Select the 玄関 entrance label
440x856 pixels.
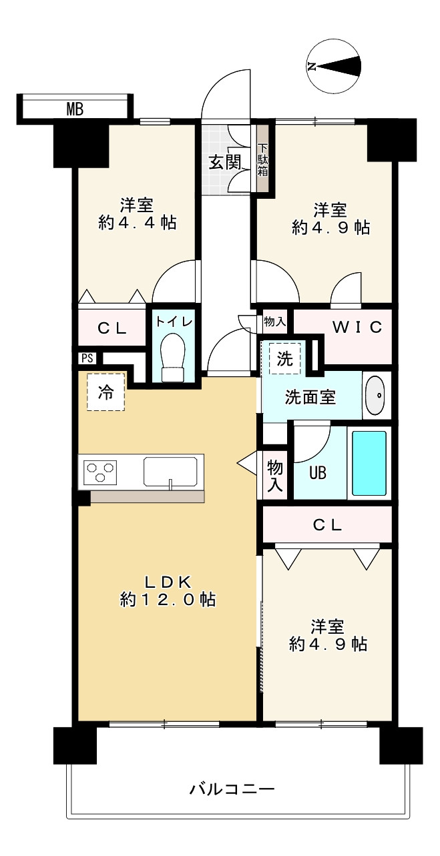tap(224, 162)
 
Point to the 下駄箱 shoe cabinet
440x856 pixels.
tap(263, 160)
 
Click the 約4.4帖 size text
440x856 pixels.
tap(138, 223)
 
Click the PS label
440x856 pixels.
tap(86, 358)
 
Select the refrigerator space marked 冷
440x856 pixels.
tap(105, 392)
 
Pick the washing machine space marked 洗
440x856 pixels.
tap(285, 359)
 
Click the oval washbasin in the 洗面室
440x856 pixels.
tap(376, 396)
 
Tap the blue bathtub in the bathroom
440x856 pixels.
tap(369, 462)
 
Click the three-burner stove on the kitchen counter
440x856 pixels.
tap(100, 472)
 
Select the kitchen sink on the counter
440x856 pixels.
tap(171, 472)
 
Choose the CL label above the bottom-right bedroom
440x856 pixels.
tap(327, 524)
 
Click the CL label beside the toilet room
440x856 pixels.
tap(112, 328)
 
